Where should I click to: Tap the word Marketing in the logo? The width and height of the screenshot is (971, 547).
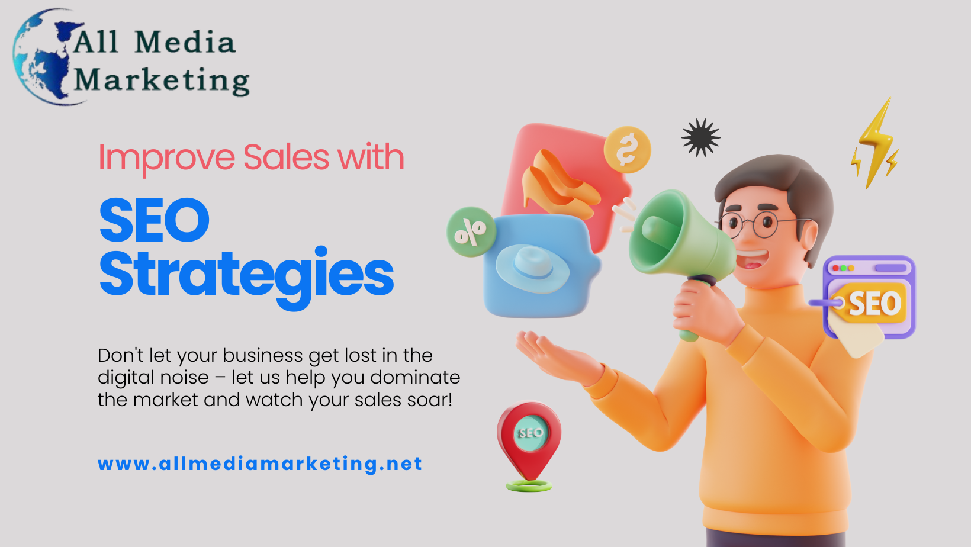[x=162, y=81]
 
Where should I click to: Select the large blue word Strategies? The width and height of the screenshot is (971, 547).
[x=246, y=278]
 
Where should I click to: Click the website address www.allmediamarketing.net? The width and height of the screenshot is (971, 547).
[x=260, y=464]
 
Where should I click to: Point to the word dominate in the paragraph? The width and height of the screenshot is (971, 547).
[x=415, y=377]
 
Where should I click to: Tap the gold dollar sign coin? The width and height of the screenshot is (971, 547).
[x=627, y=150]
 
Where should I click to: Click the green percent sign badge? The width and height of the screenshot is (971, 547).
[x=471, y=231]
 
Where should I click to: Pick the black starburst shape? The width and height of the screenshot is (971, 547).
[x=701, y=137]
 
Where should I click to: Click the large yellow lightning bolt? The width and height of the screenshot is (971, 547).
[x=876, y=143]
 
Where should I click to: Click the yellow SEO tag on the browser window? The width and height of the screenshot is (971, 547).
[x=869, y=303]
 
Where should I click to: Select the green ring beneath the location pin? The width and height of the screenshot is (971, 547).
[x=529, y=485]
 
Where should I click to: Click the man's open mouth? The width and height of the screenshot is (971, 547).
[x=753, y=260]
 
